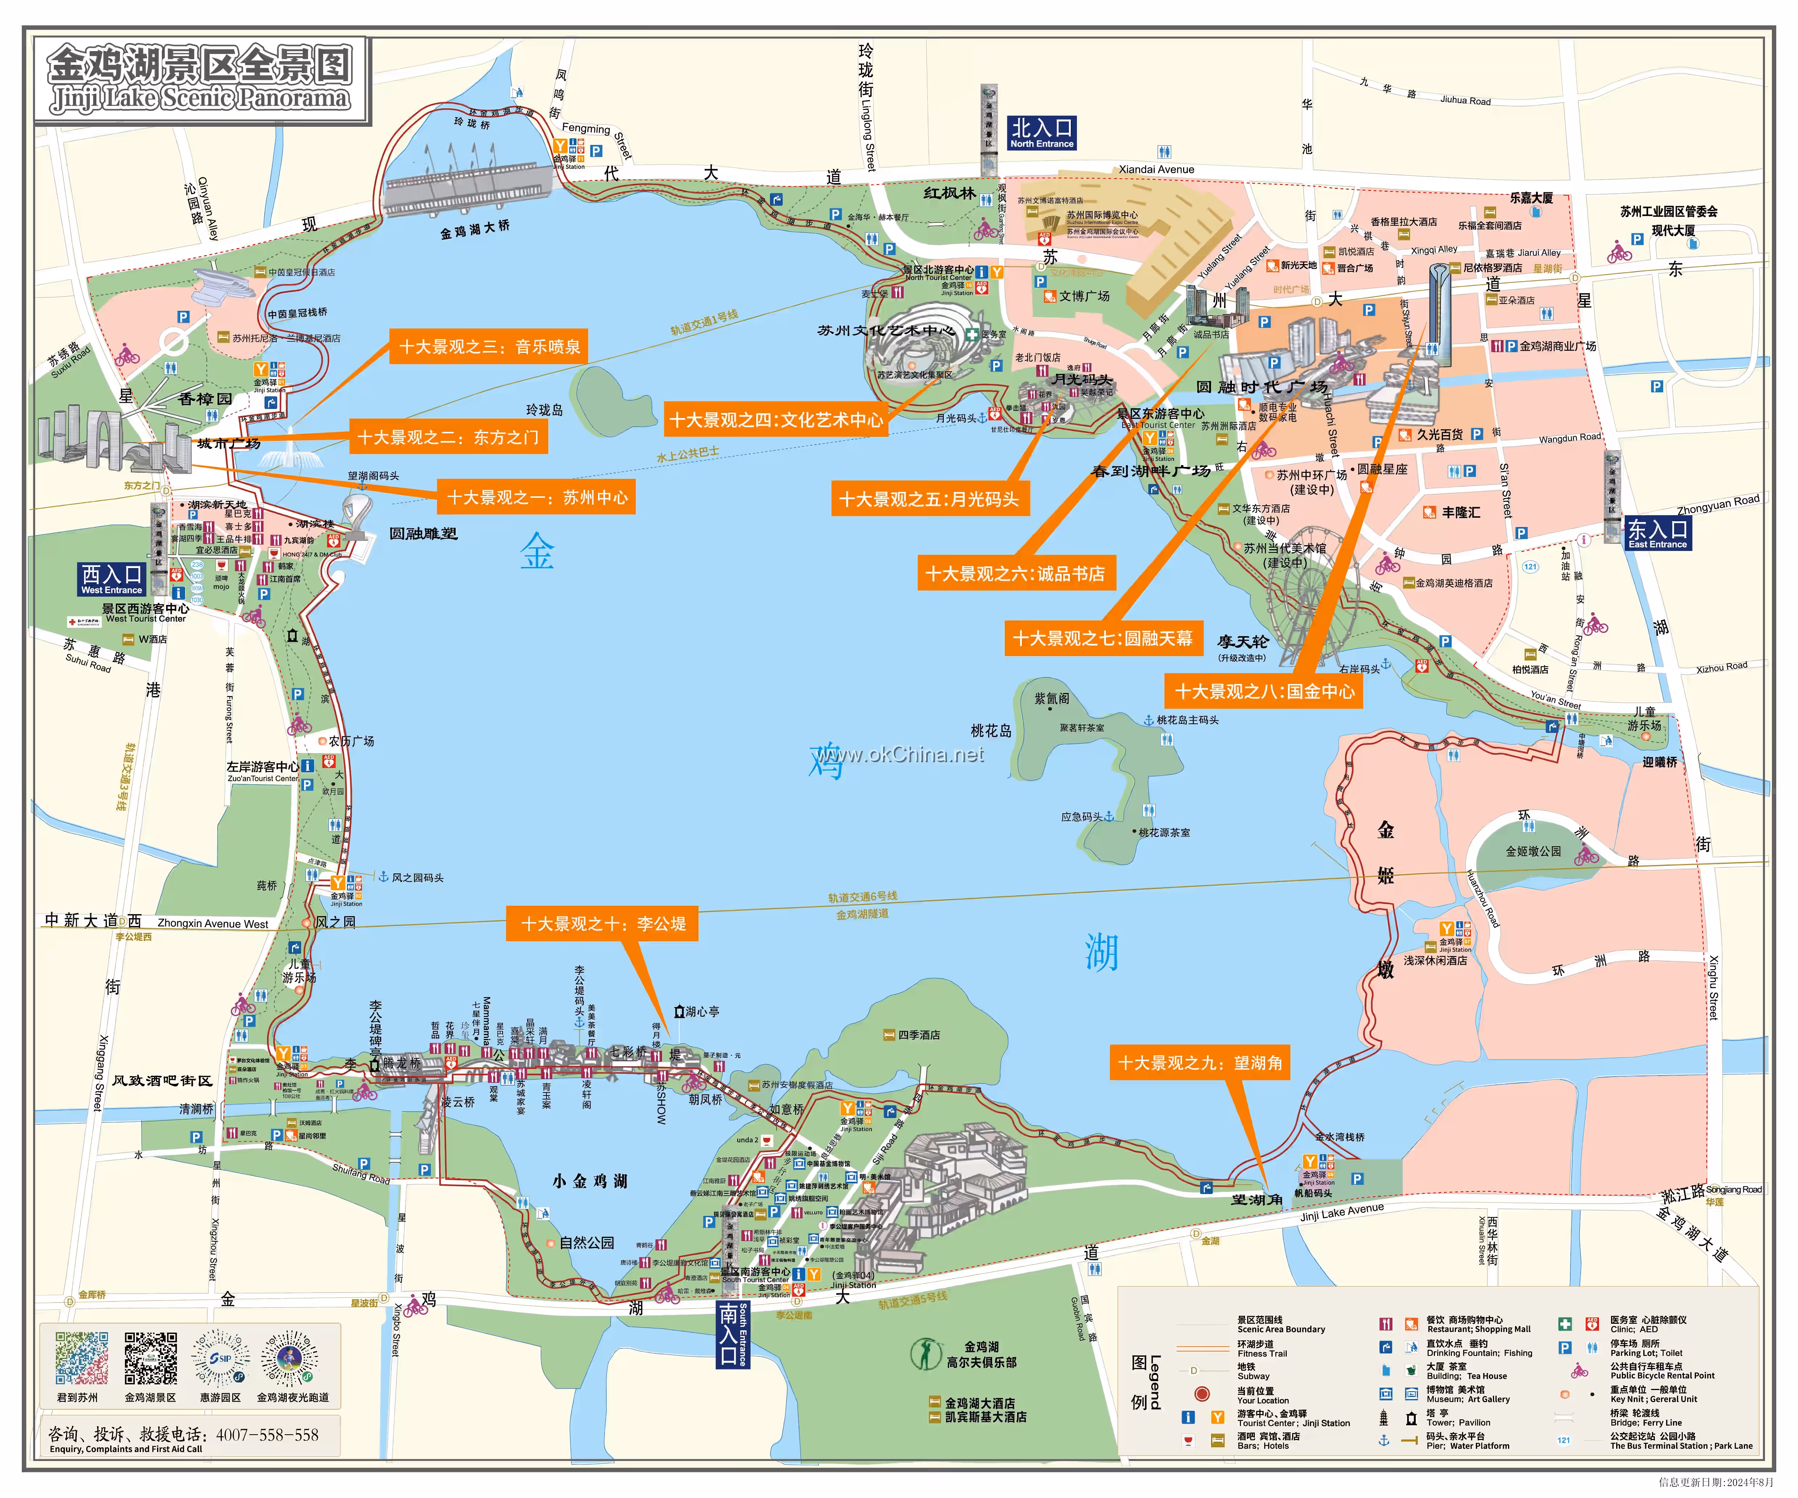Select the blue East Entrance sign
pos(1657,533)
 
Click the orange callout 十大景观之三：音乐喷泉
pos(489,347)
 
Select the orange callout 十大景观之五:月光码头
pos(929,499)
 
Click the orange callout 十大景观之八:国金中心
pos(1264,691)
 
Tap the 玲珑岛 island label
pos(545,410)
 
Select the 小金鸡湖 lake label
pos(590,1181)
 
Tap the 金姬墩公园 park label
pos(1533,852)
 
